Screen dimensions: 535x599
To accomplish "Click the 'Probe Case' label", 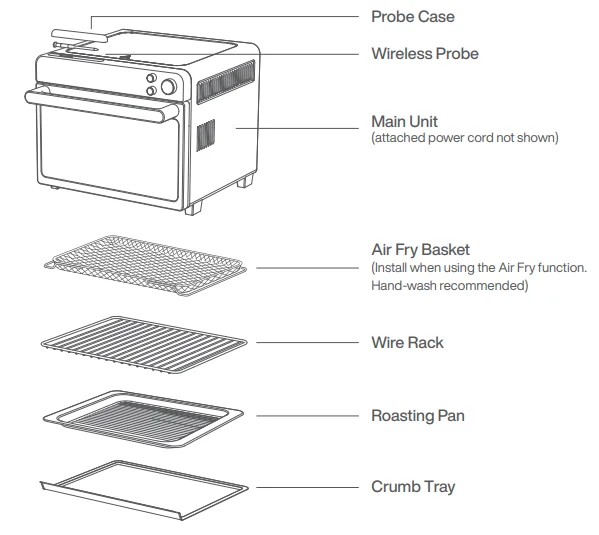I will [413, 17].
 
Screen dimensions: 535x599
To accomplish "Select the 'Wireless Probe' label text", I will [424, 53].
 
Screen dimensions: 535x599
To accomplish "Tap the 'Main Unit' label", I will [404, 122].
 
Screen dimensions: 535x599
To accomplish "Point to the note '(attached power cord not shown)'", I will [464, 137].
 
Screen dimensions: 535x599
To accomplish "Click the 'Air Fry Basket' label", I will [420, 250].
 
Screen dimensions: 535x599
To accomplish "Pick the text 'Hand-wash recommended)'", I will [450, 286].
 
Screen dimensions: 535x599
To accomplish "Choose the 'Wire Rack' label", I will [407, 342].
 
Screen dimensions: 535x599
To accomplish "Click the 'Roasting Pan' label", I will [417, 415].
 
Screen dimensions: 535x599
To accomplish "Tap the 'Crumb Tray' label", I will [413, 487].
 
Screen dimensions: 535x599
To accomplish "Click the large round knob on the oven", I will [168, 87].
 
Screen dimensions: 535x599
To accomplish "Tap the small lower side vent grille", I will [204, 135].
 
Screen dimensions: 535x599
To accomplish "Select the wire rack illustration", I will [144, 341].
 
